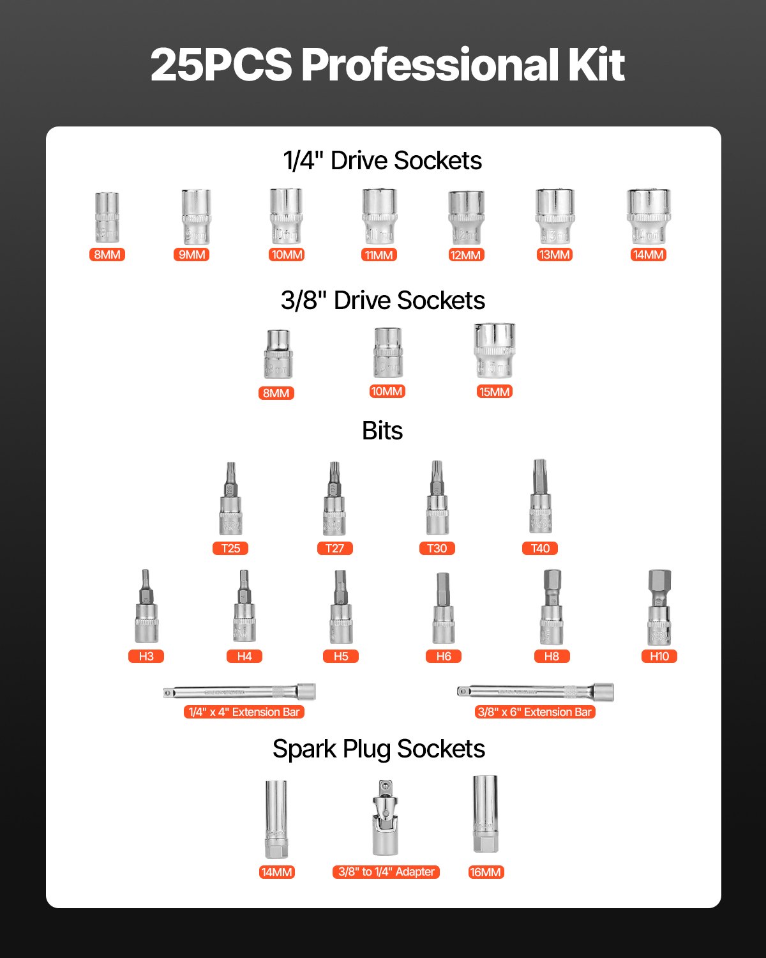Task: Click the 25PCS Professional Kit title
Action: (387, 65)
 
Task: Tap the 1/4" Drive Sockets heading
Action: (382, 161)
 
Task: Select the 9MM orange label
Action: (191, 255)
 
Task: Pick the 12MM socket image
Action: (466, 217)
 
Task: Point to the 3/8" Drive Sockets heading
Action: (382, 301)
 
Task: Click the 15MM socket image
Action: (494, 351)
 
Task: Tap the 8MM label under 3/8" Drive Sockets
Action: (276, 393)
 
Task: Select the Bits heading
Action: (382, 431)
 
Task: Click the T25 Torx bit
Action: (230, 500)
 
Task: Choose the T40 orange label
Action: (540, 548)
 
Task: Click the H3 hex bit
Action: (146, 608)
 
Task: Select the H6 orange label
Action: (444, 656)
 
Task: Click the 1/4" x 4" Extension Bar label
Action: (244, 712)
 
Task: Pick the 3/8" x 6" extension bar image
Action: (535, 692)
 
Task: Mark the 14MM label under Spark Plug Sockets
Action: (276, 872)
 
